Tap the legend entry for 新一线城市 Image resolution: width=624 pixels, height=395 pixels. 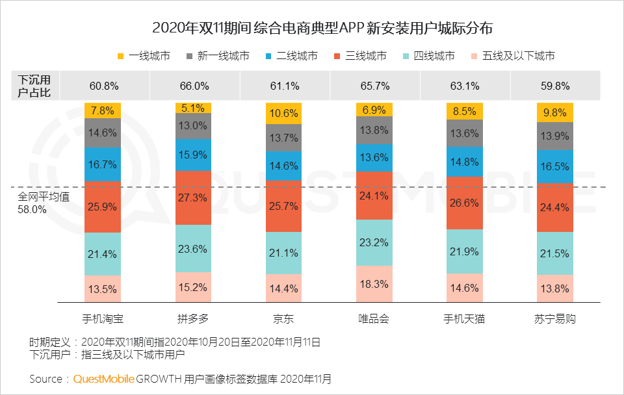218,56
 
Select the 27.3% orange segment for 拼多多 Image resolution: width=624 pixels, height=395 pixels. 194,197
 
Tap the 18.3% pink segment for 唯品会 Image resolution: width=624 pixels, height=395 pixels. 374,284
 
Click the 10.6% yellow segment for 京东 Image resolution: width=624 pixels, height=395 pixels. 284,114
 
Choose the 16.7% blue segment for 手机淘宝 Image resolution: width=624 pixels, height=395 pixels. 103,164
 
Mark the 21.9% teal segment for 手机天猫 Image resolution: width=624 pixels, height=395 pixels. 465,251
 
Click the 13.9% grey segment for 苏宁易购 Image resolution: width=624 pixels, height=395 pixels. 555,136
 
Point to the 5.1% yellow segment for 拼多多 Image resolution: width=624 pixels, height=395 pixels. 194,108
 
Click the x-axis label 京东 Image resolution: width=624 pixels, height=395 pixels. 284,319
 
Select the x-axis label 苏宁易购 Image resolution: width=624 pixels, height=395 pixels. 555,319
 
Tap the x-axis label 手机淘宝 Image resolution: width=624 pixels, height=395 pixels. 103,319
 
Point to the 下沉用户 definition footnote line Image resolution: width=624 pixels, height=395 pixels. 107,355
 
